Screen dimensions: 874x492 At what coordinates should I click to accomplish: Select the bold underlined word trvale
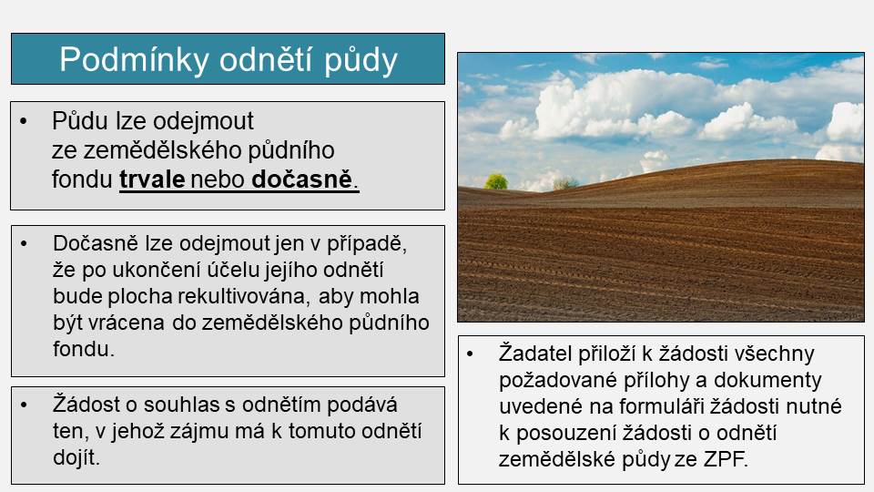tap(152, 179)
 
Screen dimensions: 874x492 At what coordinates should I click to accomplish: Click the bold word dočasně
tap(302, 179)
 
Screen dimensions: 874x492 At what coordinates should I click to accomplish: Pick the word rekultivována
tap(242, 296)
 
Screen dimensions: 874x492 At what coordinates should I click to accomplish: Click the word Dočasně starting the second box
tap(96, 244)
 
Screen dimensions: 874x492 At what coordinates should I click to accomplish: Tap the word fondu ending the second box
tap(84, 349)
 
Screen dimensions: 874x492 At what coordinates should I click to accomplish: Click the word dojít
tap(76, 457)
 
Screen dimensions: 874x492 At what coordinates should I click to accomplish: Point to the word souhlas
tap(182, 405)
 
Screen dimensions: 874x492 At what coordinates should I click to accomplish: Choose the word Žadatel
tap(535, 354)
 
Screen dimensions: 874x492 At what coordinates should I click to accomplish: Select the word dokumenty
tap(767, 380)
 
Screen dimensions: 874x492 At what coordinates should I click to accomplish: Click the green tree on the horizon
tap(495, 181)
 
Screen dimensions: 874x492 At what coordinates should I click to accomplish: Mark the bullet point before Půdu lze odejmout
tap(24, 121)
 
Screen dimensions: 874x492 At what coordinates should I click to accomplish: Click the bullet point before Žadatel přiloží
tap(470, 354)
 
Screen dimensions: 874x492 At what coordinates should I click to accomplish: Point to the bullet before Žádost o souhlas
tap(24, 405)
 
